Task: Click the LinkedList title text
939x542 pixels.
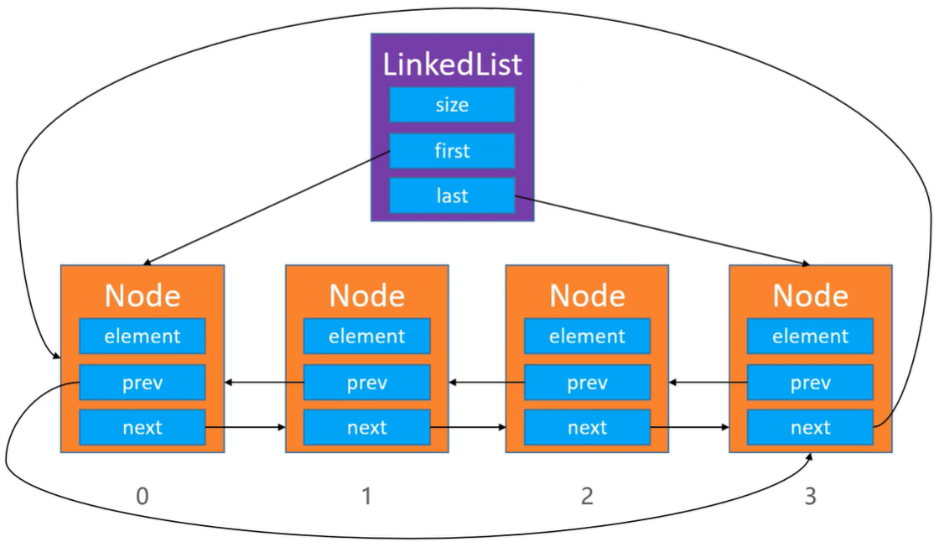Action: (x=452, y=64)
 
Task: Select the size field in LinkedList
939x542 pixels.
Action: (x=452, y=105)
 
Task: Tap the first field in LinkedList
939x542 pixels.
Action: (x=452, y=150)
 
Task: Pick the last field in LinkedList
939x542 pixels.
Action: (x=452, y=195)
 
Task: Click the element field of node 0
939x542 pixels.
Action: (x=143, y=336)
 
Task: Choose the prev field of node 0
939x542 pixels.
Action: (x=143, y=383)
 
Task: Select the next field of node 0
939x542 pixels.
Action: (x=143, y=428)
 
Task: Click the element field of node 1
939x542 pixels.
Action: (x=367, y=336)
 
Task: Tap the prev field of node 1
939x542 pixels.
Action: (x=367, y=383)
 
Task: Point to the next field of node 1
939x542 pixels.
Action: (x=367, y=428)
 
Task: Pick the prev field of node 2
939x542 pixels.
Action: (x=588, y=383)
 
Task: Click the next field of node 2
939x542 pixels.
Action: (x=588, y=428)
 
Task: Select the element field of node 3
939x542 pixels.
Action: (x=810, y=336)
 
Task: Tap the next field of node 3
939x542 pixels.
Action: (x=810, y=428)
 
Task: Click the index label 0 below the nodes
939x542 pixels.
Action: (x=143, y=497)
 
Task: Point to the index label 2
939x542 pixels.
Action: (x=587, y=497)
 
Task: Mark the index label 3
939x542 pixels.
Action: (x=810, y=497)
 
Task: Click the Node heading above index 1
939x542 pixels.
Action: (x=367, y=295)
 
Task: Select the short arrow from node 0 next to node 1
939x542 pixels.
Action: (x=246, y=428)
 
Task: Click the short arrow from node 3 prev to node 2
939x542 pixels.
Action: (x=708, y=383)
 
